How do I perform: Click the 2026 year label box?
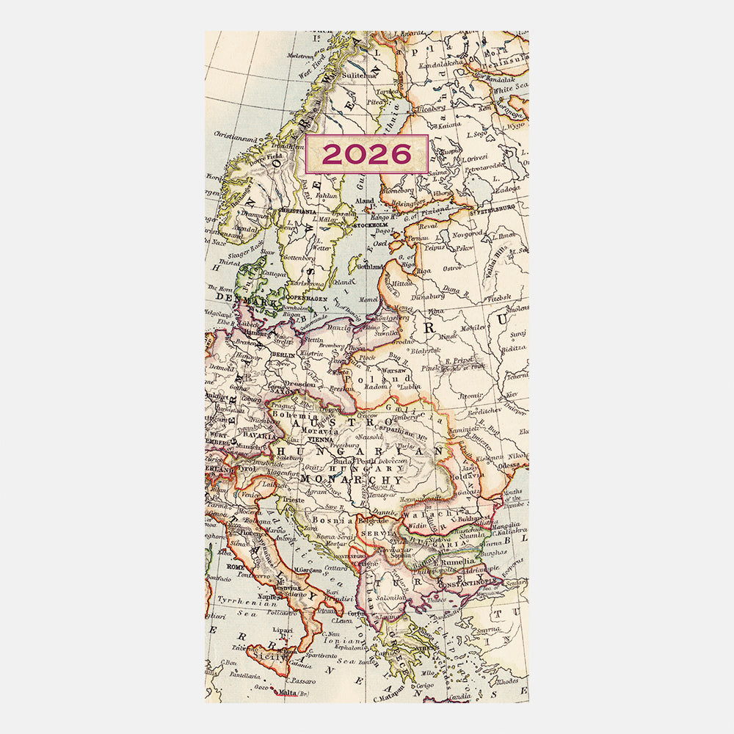coord(366,154)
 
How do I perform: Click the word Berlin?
coord(283,355)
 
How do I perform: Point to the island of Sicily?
coord(272,655)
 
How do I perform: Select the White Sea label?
coord(508,90)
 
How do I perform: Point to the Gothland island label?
coord(369,267)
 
